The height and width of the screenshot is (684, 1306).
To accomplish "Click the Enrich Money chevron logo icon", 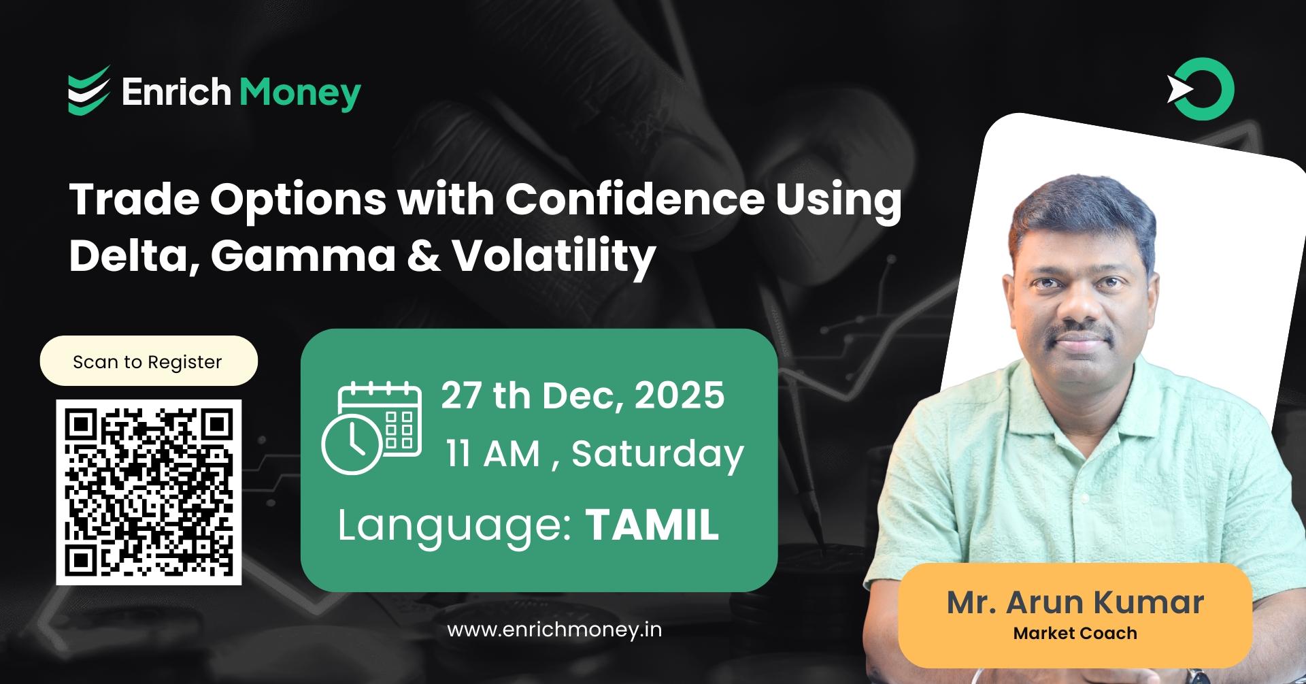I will (x=88, y=91).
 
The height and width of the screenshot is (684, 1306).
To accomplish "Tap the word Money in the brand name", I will (x=300, y=93).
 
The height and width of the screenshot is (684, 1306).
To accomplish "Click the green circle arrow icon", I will (x=1201, y=90).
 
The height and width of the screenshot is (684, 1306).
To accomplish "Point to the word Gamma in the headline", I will (x=303, y=256).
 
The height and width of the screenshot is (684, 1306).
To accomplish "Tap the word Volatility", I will (x=554, y=257).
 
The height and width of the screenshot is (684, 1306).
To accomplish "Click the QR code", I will (x=149, y=492).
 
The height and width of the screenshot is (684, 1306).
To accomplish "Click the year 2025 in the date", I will (x=680, y=395).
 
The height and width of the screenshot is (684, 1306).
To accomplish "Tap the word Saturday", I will (x=657, y=455).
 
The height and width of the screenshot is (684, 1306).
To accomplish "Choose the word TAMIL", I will (x=652, y=525).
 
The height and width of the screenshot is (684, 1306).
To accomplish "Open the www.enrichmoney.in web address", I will (x=554, y=630).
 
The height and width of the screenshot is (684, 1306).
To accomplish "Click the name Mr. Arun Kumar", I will (x=1075, y=602).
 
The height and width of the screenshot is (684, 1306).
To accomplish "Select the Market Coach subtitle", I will (x=1075, y=634).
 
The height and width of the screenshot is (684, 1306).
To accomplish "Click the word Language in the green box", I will (x=454, y=526).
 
